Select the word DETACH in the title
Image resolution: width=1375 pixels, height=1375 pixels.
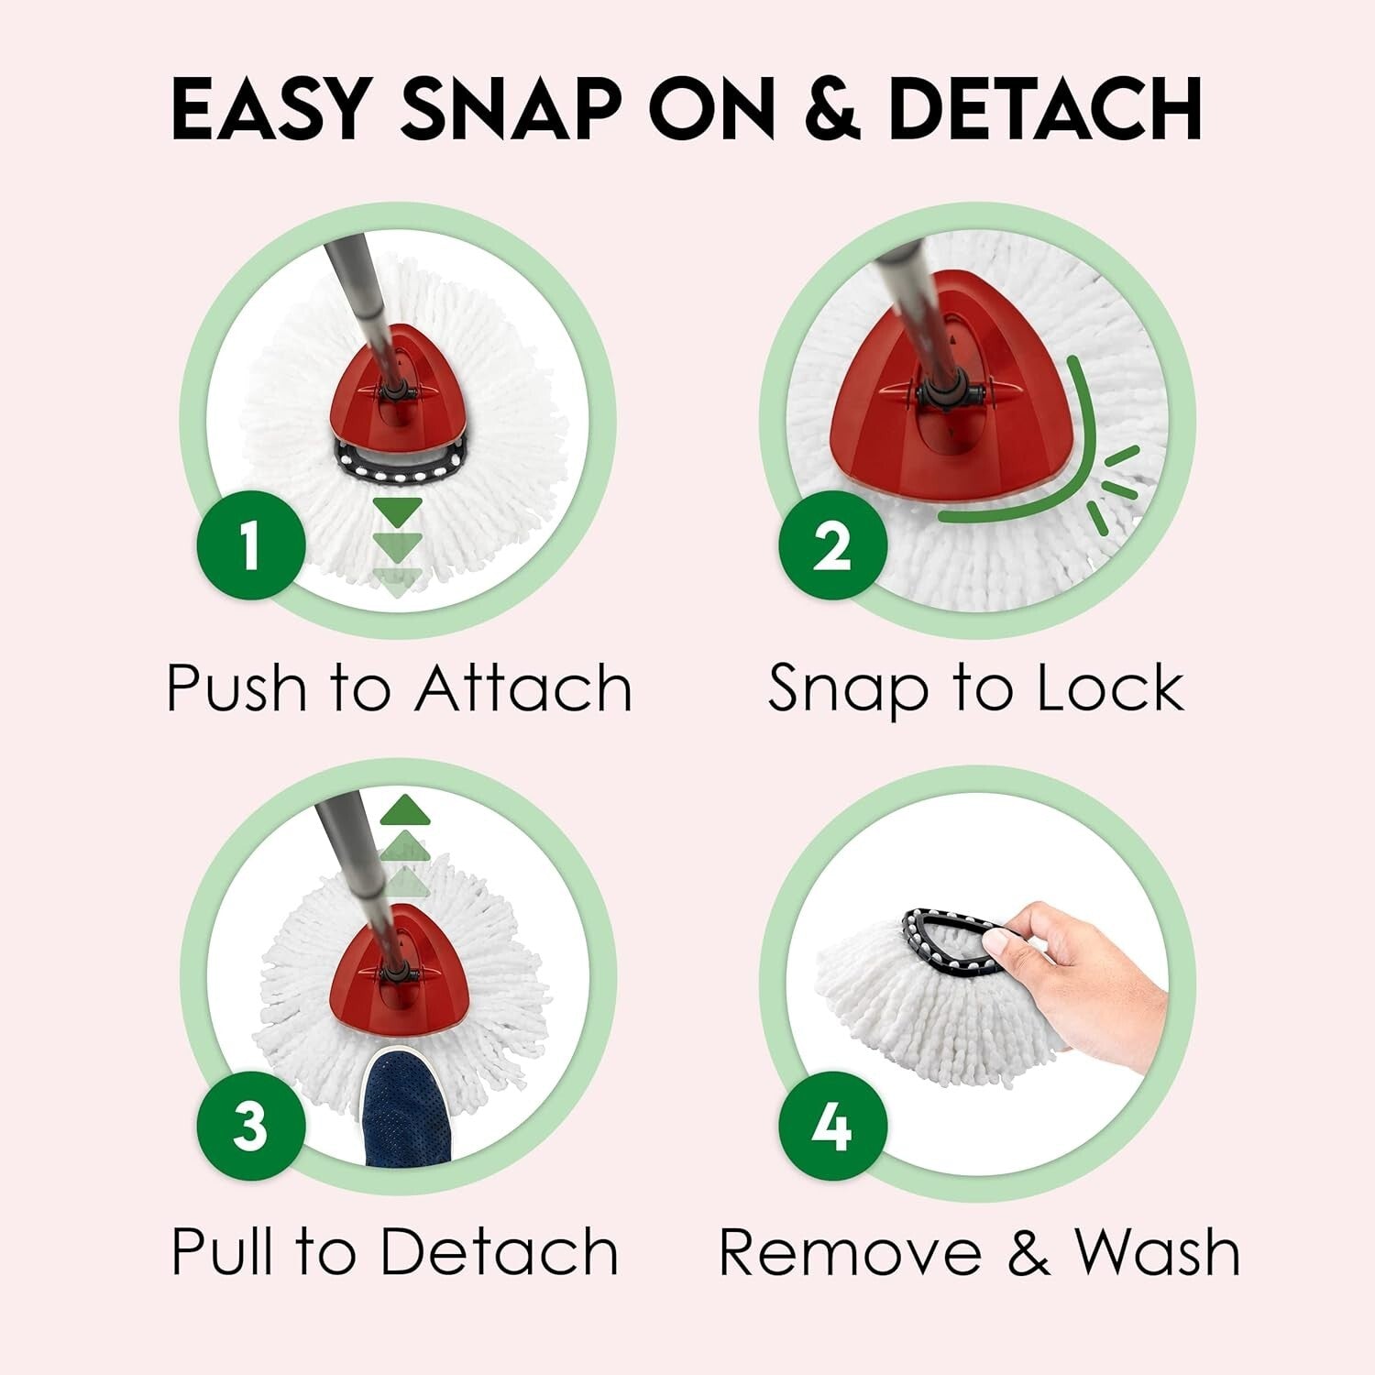(x=1045, y=110)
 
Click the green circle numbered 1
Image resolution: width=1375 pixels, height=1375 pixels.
(x=250, y=546)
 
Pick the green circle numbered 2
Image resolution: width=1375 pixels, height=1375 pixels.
(x=832, y=546)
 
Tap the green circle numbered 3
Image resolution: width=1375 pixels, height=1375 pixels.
(x=250, y=1125)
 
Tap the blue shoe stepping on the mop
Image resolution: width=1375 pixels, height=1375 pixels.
(x=406, y=1109)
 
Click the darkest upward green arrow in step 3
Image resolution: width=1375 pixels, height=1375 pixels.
(x=404, y=809)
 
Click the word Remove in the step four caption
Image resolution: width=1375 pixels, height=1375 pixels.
(x=849, y=1251)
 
